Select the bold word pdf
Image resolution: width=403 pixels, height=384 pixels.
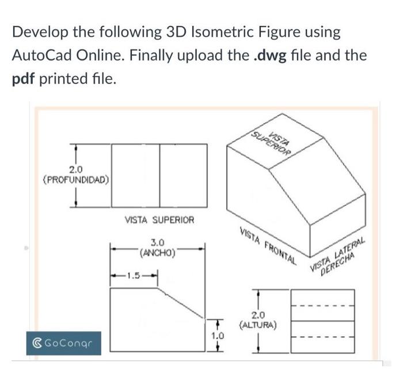(24, 79)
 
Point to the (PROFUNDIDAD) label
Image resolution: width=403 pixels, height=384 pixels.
(75, 179)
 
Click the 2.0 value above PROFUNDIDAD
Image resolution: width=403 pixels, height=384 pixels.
(76, 169)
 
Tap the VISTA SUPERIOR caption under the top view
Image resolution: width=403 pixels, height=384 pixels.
(159, 220)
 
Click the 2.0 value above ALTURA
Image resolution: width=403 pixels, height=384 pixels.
(258, 315)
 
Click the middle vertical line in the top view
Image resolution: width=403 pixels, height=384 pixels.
(159, 174)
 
